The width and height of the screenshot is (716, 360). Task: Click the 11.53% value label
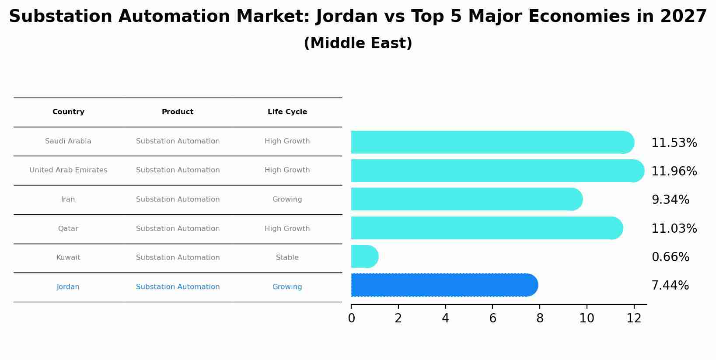pyautogui.click(x=674, y=143)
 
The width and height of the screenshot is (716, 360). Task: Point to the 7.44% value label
pyautogui.click(x=670, y=286)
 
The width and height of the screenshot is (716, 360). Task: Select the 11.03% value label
pyautogui.click(x=674, y=229)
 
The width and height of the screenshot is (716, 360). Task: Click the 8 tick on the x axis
pyautogui.click(x=540, y=318)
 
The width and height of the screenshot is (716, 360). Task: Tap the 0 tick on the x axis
pyautogui.click(x=351, y=318)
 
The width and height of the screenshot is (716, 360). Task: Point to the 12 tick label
pyautogui.click(x=634, y=318)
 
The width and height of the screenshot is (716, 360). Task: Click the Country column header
pyautogui.click(x=68, y=112)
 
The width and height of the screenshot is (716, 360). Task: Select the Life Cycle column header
pyautogui.click(x=287, y=112)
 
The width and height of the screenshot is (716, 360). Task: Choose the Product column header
pyautogui.click(x=178, y=112)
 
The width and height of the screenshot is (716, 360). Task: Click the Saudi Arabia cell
pyautogui.click(x=68, y=141)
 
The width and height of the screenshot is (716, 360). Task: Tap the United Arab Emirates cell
pyautogui.click(x=68, y=170)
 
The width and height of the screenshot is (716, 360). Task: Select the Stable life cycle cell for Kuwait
pyautogui.click(x=287, y=258)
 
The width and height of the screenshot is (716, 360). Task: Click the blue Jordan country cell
pyautogui.click(x=68, y=287)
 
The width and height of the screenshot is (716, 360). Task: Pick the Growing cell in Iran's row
pyautogui.click(x=287, y=199)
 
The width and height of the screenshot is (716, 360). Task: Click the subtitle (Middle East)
pyautogui.click(x=358, y=43)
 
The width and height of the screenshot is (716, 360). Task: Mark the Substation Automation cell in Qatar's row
pyautogui.click(x=178, y=229)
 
